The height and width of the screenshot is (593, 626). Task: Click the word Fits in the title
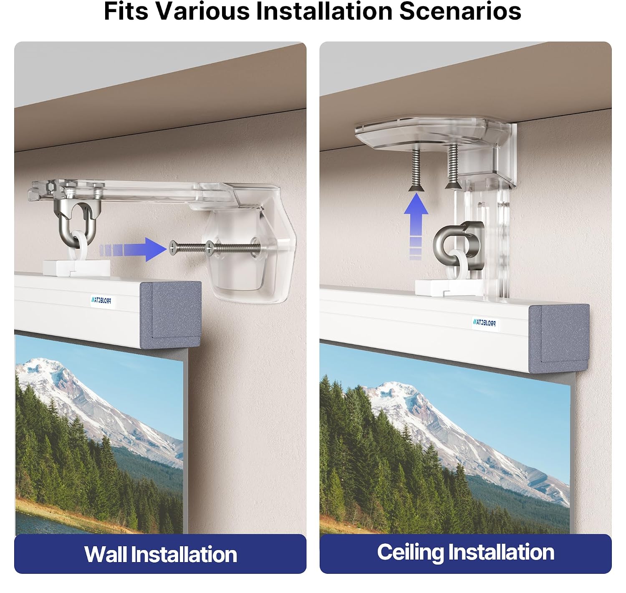(x=126, y=11)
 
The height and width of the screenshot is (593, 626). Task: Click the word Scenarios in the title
(x=460, y=11)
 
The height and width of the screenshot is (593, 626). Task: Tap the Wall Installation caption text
(x=161, y=555)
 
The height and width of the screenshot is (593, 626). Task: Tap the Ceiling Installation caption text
(x=465, y=552)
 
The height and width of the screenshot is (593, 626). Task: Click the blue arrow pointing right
(x=133, y=249)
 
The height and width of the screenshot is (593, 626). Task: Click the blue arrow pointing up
(x=416, y=226)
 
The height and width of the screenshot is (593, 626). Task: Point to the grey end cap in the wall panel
(x=171, y=314)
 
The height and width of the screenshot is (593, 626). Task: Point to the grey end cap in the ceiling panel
(x=559, y=338)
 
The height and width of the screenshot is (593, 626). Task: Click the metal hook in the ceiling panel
(x=459, y=246)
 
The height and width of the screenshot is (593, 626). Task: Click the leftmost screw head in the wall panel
(x=173, y=248)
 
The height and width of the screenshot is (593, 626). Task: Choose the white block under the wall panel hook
(x=76, y=268)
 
